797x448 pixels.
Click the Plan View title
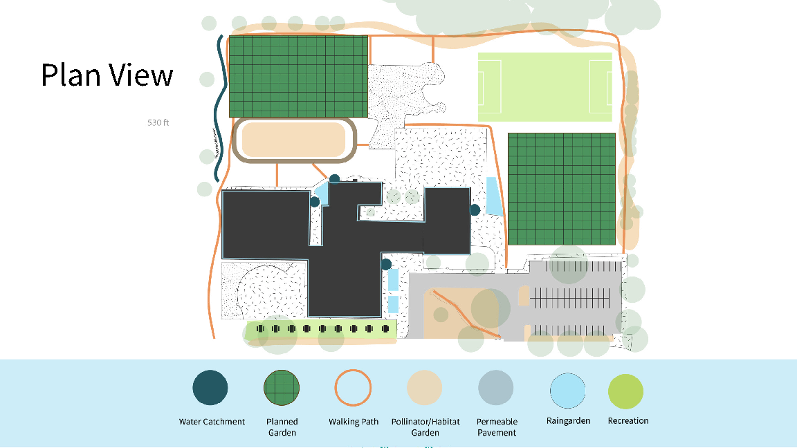click(107, 75)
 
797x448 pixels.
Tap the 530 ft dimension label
click(158, 122)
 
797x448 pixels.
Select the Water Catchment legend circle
click(210, 388)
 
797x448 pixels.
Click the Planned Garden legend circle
click(282, 388)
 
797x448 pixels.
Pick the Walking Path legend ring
click(354, 388)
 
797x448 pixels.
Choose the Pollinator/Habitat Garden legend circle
click(425, 388)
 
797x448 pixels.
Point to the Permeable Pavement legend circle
click(496, 388)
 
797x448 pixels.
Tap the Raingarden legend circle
click(568, 391)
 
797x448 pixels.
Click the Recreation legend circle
click(625, 391)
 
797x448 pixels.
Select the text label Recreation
click(628, 420)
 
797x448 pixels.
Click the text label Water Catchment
click(212, 422)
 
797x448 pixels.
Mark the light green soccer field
click(545, 87)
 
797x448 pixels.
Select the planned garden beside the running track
click(298, 77)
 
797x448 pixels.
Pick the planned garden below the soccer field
click(562, 189)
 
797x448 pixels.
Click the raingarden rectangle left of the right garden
click(494, 196)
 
